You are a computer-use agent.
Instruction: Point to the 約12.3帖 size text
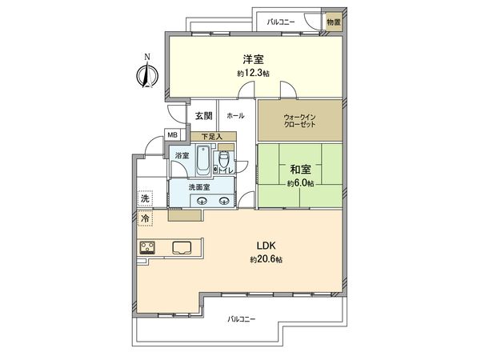click(x=253, y=73)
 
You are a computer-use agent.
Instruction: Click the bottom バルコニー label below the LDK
click(x=241, y=318)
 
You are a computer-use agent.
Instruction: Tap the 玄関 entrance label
click(x=203, y=115)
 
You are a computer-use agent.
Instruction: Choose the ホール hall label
click(x=235, y=115)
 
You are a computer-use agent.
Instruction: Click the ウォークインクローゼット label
click(x=299, y=122)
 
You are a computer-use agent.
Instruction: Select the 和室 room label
click(x=300, y=169)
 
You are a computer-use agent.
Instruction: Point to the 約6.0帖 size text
click(x=300, y=182)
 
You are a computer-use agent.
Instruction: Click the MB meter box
click(x=172, y=135)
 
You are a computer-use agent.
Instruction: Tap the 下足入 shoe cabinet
click(x=212, y=136)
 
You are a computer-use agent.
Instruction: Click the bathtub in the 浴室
click(x=203, y=163)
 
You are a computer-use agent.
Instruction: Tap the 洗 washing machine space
click(x=146, y=198)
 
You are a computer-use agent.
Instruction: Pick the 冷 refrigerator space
click(x=146, y=217)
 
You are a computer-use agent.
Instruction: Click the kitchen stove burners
click(x=149, y=246)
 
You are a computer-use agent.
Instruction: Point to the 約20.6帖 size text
click(x=265, y=259)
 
